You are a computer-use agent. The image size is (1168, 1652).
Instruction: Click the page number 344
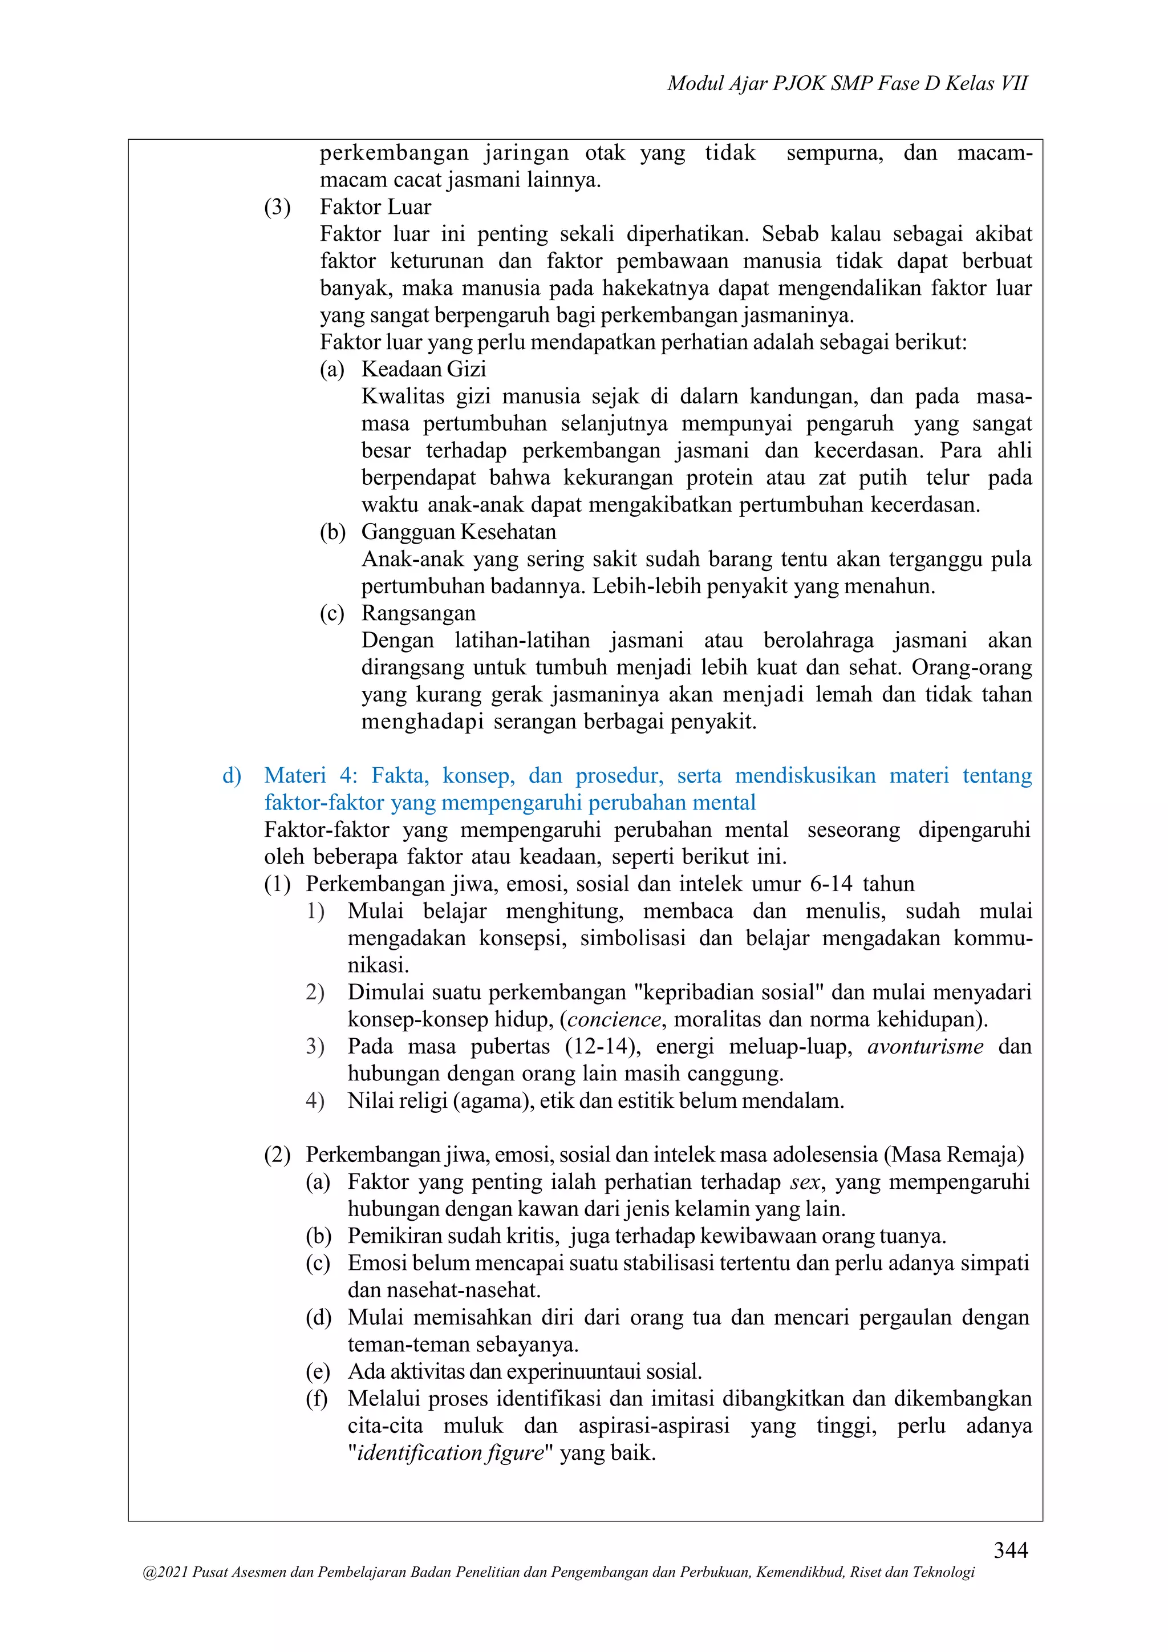(1011, 1549)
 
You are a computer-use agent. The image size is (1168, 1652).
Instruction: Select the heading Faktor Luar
(375, 207)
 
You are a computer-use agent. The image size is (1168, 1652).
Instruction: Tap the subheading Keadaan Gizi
(424, 369)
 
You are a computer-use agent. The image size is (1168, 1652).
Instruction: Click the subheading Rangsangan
(418, 613)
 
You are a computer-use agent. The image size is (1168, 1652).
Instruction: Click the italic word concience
(614, 1019)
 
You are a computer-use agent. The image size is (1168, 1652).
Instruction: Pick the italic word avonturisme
(925, 1047)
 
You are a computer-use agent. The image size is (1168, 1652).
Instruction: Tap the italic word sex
(804, 1182)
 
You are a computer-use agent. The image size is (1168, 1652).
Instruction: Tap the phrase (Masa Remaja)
(954, 1155)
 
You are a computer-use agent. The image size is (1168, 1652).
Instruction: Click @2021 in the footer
(165, 1572)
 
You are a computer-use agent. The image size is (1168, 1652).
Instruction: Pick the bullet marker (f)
(317, 1399)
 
